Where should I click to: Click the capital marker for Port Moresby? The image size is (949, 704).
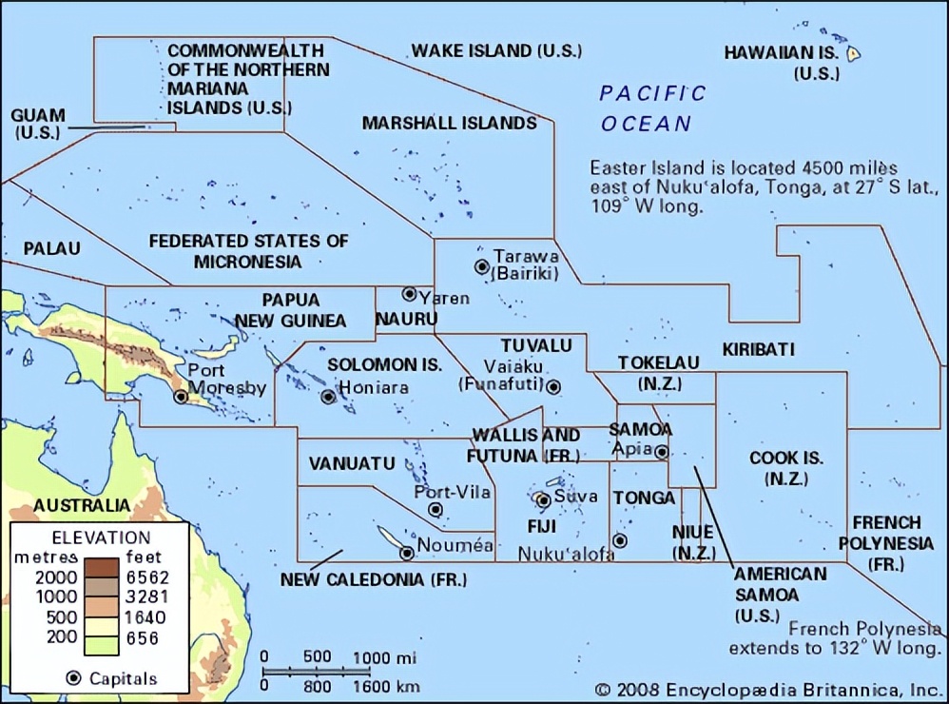pos(181,397)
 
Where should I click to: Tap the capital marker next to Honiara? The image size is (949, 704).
pos(328,397)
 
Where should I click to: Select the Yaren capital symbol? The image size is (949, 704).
pos(409,294)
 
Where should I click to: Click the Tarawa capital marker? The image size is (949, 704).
pos(482,266)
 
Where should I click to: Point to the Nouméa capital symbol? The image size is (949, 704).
pos(407,553)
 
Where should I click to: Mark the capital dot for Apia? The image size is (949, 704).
pos(662,452)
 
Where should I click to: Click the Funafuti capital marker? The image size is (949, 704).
pos(553,386)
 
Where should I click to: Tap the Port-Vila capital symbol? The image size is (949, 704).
pos(436,509)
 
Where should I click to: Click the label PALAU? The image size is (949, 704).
pos(51,248)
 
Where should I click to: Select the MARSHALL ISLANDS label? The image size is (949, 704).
pos(450,123)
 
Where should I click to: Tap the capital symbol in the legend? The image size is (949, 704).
pos(73,678)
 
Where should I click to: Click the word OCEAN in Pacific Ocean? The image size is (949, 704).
pos(647,124)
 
